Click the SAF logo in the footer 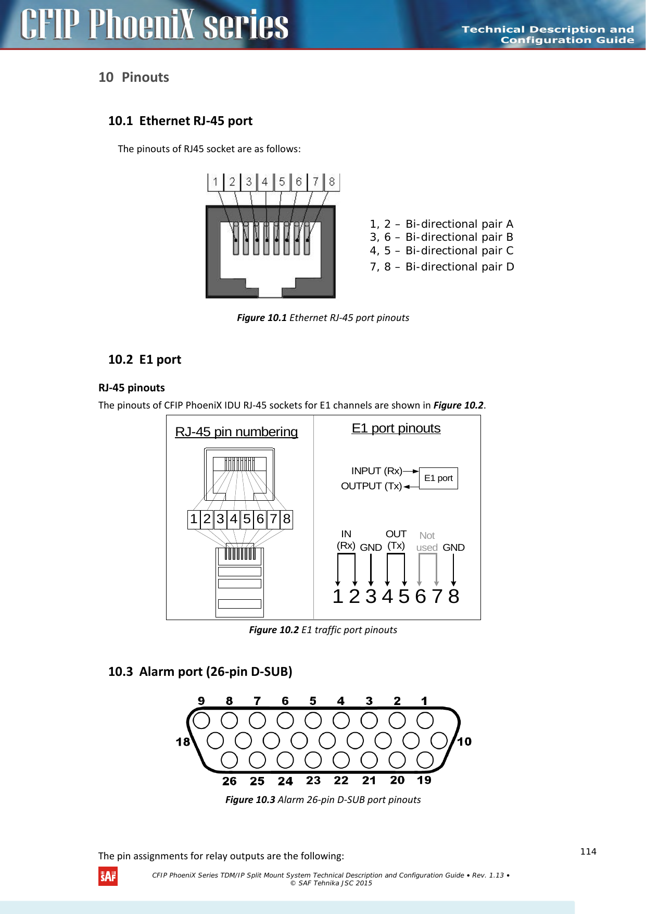[x=108, y=876]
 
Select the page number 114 [x=588, y=851]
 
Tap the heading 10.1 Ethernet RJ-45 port [x=180, y=121]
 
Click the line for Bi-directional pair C [x=441, y=251]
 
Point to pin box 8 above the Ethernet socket [x=332, y=182]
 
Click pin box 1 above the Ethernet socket [x=216, y=182]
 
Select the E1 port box [x=438, y=478]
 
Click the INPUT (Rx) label [x=376, y=471]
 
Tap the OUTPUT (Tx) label [x=371, y=486]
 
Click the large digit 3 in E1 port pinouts [x=371, y=596]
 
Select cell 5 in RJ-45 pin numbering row [x=247, y=519]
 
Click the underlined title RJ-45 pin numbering [x=236, y=432]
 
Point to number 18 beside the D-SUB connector [x=183, y=742]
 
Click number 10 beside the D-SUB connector [x=464, y=742]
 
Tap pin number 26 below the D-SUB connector [x=229, y=781]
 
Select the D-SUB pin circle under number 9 [x=201, y=721]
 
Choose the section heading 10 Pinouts [x=134, y=78]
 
